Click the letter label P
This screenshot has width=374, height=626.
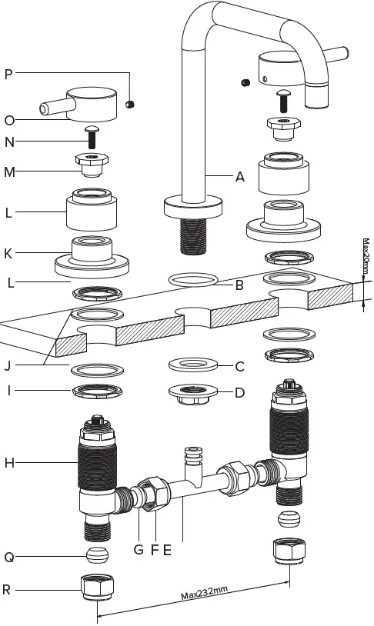pos(8,74)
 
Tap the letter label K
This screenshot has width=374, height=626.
pos(8,253)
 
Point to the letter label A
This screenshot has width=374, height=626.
pos(240,176)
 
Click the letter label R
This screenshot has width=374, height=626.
pos(8,590)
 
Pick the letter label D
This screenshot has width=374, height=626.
pos(239,392)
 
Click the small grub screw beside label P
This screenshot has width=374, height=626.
pos(131,102)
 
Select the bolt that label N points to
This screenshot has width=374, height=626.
pos(90,136)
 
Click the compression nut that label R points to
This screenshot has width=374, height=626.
pos(98,590)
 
